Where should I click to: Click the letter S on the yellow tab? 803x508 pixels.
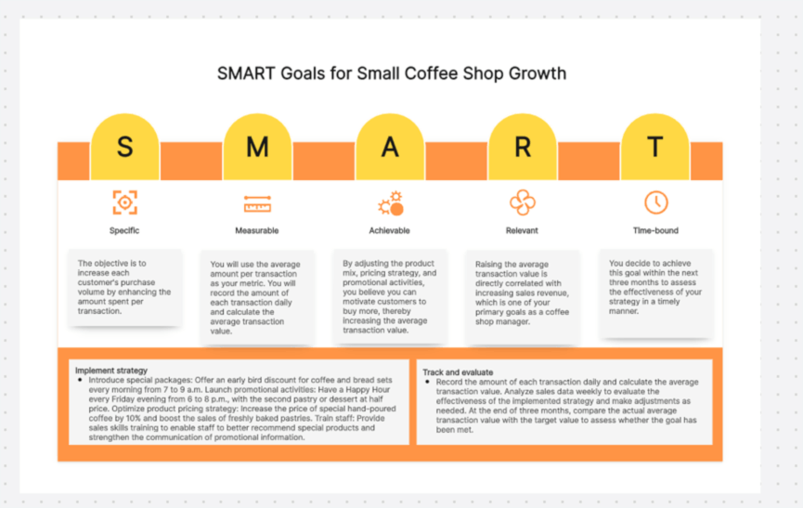125,147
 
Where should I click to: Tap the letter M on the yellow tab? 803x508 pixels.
257,147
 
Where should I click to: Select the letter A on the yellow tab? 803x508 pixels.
390,147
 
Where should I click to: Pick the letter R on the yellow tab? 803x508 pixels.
523,147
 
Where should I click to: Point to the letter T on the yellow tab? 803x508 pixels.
655,147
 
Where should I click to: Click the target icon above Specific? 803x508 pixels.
125,202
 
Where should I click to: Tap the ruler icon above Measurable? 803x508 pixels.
257,203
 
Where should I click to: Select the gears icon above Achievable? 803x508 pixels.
391,203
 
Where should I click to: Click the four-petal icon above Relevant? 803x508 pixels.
523,202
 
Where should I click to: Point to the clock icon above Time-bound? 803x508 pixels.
656,202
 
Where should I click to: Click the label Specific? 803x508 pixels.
124,230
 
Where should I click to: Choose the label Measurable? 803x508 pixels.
257,230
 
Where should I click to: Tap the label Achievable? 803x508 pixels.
390,230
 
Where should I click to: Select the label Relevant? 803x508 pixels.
522,230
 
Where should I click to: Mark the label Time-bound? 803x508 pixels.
655,230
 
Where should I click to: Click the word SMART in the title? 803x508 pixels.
246,73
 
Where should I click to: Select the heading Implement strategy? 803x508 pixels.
111,371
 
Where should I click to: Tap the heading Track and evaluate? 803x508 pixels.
458,372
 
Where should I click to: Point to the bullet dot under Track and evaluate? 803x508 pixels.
427,382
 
